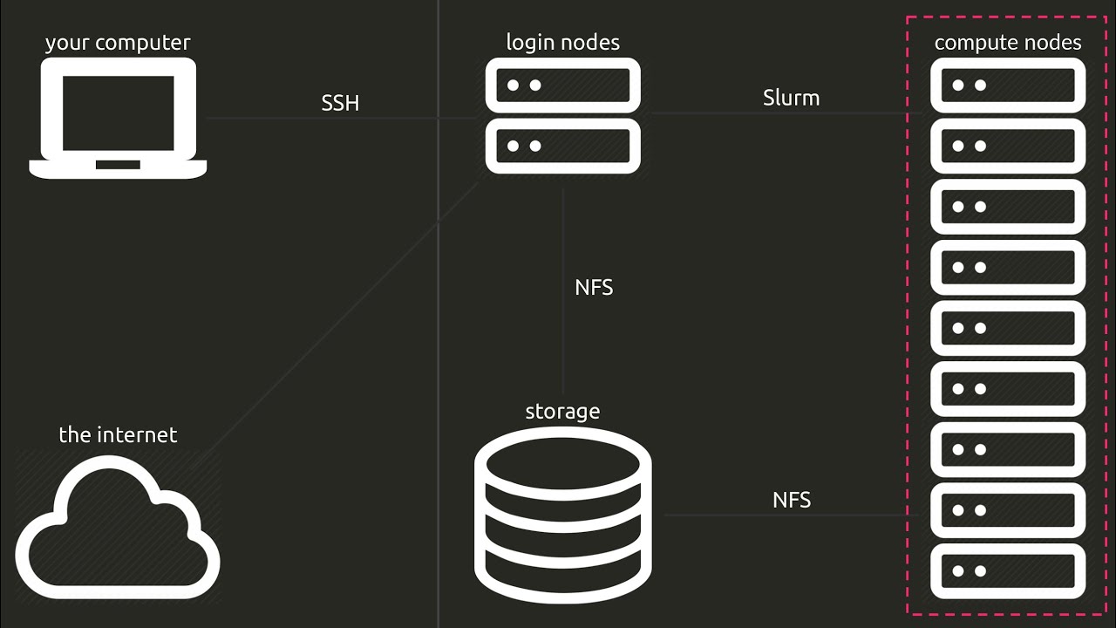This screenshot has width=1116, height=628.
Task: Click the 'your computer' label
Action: click(x=118, y=43)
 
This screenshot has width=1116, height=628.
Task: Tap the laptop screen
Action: click(x=118, y=113)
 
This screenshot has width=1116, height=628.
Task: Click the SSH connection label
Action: click(x=340, y=103)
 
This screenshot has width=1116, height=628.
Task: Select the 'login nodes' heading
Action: click(x=563, y=43)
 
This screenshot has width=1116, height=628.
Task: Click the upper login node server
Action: click(x=563, y=85)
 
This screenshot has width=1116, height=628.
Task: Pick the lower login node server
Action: click(x=563, y=146)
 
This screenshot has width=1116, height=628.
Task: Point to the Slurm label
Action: click(x=791, y=98)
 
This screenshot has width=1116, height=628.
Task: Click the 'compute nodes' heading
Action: click(x=1008, y=43)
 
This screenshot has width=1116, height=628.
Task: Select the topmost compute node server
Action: click(x=1008, y=85)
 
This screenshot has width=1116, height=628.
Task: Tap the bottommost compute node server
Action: click(x=1008, y=570)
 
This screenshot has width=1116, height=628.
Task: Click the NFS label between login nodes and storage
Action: click(x=594, y=288)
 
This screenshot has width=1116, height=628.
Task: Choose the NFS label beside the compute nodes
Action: click(x=792, y=500)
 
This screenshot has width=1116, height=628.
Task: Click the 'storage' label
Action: click(x=563, y=412)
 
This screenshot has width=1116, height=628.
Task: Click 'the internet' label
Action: click(x=118, y=434)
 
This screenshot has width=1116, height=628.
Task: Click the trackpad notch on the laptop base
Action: click(x=118, y=165)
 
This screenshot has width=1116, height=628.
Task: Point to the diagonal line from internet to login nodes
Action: click(x=335, y=326)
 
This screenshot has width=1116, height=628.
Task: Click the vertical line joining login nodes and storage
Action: click(x=563, y=291)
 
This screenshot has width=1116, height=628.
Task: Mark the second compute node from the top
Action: click(x=1008, y=146)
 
